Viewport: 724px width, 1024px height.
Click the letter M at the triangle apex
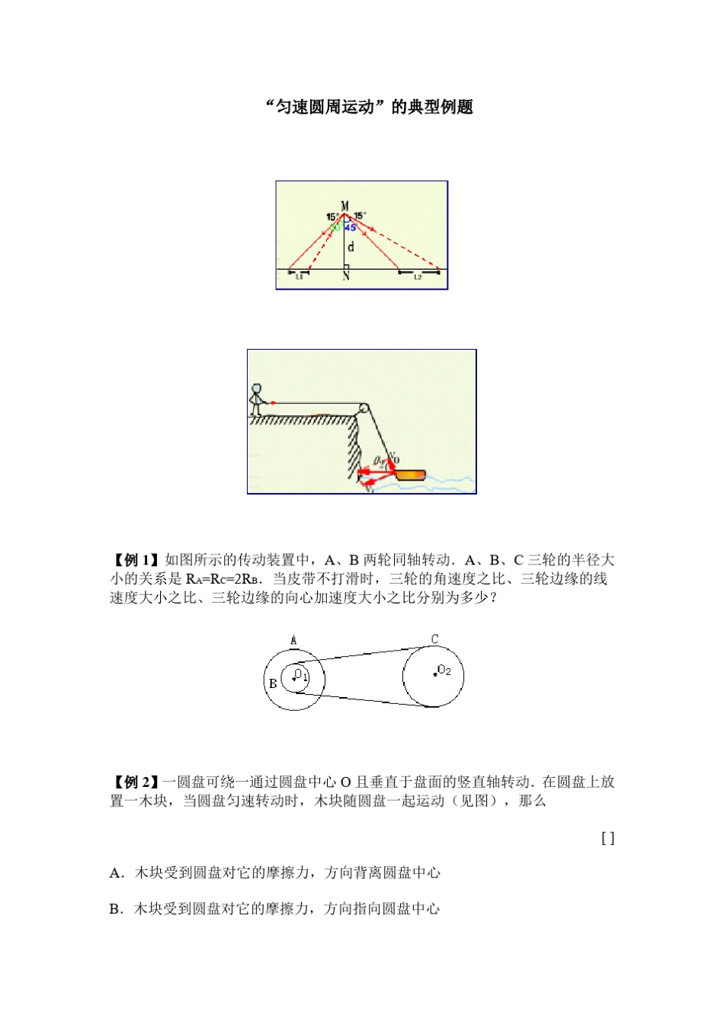point(345,206)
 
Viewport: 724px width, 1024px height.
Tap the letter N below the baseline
point(346,276)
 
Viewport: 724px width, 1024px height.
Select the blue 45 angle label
point(351,227)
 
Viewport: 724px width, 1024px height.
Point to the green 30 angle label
point(335,227)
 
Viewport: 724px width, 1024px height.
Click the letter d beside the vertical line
point(351,247)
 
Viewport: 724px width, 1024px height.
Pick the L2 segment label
point(418,277)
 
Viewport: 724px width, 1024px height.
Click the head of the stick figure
point(256,389)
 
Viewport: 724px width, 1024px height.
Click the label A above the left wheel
point(294,640)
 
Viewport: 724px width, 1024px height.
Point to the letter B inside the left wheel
point(273,683)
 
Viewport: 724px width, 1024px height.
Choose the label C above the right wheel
point(434,639)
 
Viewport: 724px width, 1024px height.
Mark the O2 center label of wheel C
point(444,670)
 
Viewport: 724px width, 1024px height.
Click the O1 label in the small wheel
point(301,674)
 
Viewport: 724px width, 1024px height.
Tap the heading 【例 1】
point(136,560)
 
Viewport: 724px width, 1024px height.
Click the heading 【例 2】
point(136,782)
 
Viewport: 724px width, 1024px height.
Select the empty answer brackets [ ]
point(607,838)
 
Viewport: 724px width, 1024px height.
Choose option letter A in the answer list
point(115,873)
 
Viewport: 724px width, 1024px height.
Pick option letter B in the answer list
point(115,908)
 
